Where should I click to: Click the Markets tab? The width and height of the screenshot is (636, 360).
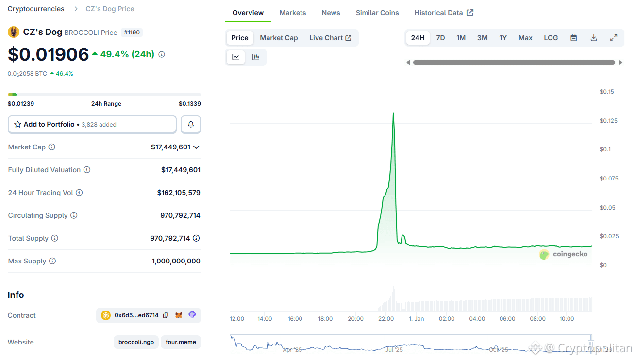click(x=292, y=13)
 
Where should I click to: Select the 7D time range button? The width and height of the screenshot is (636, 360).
click(x=440, y=38)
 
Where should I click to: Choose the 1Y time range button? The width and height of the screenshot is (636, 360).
click(x=503, y=38)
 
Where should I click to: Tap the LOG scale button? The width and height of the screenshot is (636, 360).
click(x=551, y=38)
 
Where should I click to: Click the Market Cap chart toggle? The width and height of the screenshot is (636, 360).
click(x=279, y=38)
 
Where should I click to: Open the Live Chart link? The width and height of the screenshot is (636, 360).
click(x=330, y=38)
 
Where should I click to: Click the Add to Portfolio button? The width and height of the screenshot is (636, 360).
click(x=92, y=125)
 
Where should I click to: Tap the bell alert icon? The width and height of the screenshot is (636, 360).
click(x=191, y=125)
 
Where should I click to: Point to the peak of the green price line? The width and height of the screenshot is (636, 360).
click(x=393, y=113)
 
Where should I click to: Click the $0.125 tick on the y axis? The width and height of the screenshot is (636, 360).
click(x=608, y=121)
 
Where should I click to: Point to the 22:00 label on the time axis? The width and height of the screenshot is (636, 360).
click(x=386, y=319)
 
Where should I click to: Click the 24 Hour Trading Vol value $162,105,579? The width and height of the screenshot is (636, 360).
click(x=179, y=193)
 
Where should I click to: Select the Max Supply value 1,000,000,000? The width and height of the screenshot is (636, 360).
click(x=176, y=261)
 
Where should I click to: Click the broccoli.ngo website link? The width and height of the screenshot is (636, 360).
click(x=136, y=342)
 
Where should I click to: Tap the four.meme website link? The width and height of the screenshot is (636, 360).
click(x=181, y=342)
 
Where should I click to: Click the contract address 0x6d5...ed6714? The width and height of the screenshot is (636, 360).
click(x=136, y=315)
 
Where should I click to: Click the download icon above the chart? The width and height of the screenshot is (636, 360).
click(x=593, y=38)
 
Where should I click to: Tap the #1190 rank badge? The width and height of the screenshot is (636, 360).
click(x=132, y=33)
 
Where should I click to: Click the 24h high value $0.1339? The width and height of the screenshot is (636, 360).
click(x=189, y=104)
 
